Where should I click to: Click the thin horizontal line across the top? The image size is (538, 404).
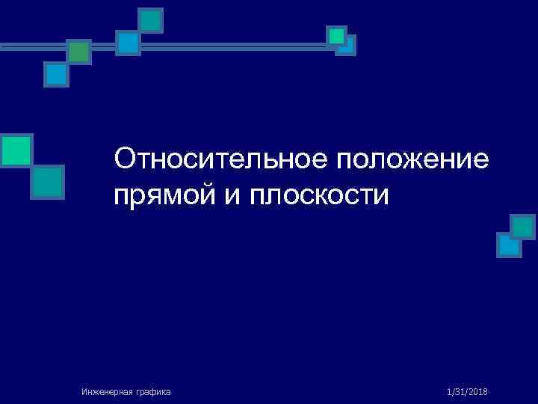[x=224, y=46]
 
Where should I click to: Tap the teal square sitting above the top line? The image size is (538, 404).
[x=152, y=20]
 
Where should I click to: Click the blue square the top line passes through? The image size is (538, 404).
[x=128, y=43]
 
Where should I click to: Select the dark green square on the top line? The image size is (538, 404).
[x=78, y=52]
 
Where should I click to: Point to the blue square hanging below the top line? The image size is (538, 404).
[x=56, y=74]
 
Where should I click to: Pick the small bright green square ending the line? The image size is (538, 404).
[x=336, y=36]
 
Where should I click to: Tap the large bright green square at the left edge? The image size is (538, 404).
[x=16, y=150]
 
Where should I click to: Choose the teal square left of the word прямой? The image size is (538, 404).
[x=48, y=181]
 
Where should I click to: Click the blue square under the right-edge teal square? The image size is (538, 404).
[x=508, y=245]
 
